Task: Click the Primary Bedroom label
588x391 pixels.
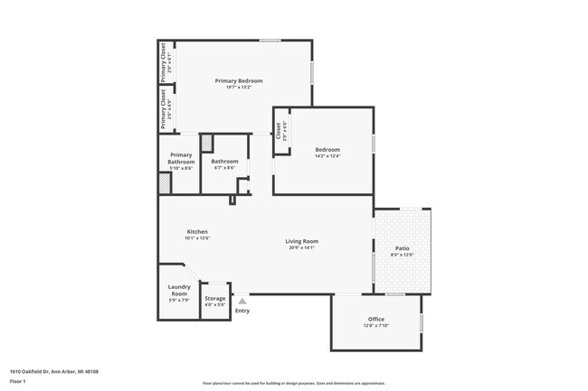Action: (x=239, y=80)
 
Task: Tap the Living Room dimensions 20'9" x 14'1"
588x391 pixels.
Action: (x=301, y=247)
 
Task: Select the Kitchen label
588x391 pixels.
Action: (x=197, y=231)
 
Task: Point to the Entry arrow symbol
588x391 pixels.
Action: (x=242, y=302)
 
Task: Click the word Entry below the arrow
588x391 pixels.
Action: (x=242, y=312)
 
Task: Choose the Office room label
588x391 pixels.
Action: (x=376, y=319)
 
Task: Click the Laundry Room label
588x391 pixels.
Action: (x=179, y=291)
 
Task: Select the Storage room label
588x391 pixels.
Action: (x=214, y=298)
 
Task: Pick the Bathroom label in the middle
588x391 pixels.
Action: (x=224, y=162)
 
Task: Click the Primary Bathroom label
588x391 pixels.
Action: (x=181, y=159)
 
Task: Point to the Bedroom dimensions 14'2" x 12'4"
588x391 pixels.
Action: (x=327, y=156)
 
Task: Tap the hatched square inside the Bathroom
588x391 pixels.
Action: (x=206, y=142)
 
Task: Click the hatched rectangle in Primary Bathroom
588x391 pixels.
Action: (x=165, y=182)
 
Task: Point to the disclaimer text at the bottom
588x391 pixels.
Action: (x=293, y=383)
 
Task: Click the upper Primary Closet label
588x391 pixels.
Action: (x=163, y=63)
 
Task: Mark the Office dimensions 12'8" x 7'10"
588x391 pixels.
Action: (x=376, y=326)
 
